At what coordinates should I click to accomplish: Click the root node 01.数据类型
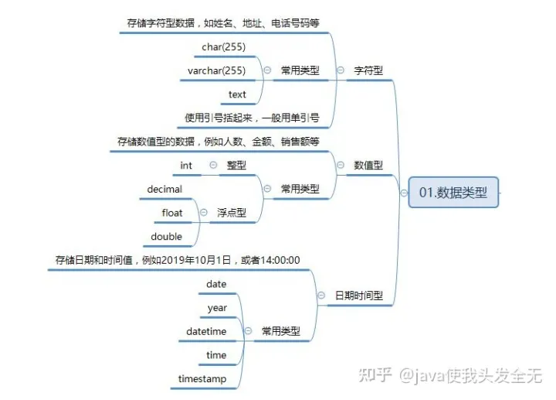(453, 193)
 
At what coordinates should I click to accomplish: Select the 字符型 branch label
(368, 70)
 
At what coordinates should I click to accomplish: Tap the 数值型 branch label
(368, 165)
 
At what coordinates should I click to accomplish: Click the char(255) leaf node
(223, 47)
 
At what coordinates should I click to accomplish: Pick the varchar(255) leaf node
(216, 70)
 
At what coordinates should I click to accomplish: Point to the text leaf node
(237, 94)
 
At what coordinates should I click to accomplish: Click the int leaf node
(186, 166)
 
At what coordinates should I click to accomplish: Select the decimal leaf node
(164, 189)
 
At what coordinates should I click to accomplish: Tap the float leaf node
(172, 213)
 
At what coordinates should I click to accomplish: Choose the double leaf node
(167, 236)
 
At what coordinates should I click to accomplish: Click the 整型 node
(236, 166)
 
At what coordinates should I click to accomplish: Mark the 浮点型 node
(231, 213)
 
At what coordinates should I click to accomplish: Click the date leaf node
(216, 284)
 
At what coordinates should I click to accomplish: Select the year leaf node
(217, 308)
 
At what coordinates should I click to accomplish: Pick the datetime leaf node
(206, 331)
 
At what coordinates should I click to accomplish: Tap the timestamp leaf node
(202, 379)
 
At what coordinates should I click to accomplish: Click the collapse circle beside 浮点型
(203, 213)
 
